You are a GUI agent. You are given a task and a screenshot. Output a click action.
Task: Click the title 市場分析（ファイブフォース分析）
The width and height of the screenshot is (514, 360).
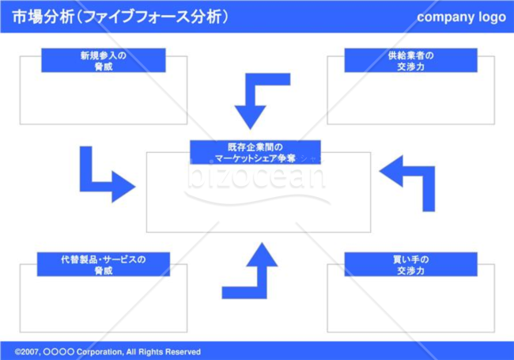click(120, 17)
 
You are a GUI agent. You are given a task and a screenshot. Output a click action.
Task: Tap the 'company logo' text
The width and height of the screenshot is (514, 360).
click(461, 17)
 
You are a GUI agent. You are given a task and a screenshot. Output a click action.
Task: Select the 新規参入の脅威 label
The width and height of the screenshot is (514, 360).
click(104, 60)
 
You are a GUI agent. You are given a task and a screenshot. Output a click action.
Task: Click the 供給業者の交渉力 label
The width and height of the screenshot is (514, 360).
click(410, 60)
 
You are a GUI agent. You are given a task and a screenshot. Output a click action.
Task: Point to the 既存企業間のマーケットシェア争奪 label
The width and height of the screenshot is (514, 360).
click(255, 152)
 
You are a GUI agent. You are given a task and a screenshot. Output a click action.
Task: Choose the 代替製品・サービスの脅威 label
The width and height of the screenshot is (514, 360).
click(104, 264)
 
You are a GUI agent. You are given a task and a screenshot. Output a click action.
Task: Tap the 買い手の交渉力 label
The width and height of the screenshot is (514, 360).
click(410, 264)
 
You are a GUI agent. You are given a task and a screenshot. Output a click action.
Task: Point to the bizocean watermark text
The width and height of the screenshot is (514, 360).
click(256, 177)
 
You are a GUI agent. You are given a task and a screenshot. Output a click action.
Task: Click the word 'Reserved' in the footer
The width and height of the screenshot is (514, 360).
click(183, 352)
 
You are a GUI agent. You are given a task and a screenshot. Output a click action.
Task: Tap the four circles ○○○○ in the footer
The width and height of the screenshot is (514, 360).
click(59, 352)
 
